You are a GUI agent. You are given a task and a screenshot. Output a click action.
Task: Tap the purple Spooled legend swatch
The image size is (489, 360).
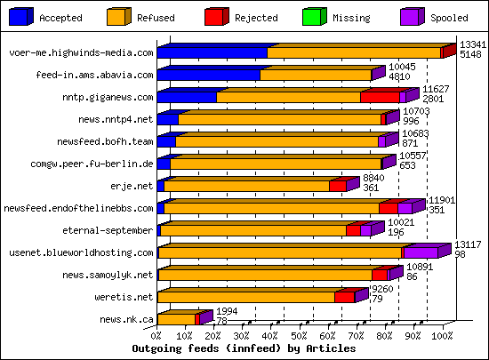[411, 16]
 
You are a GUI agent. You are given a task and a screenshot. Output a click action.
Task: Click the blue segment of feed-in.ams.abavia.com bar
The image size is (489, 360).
[208, 76]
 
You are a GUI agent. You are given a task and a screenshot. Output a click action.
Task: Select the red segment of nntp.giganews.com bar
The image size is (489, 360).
[380, 97]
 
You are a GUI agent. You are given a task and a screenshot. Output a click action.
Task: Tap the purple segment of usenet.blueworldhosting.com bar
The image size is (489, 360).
[421, 252]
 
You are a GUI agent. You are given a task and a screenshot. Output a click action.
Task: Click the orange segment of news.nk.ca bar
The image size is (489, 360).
[176, 319]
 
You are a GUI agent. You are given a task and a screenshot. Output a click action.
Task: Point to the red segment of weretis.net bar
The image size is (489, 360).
[344, 297]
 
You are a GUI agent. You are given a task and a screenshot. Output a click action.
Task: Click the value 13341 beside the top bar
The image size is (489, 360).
[471, 44]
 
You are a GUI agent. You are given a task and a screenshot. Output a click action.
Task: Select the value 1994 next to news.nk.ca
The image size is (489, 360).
[228, 311]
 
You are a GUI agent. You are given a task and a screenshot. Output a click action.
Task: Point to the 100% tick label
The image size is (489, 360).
[442, 336]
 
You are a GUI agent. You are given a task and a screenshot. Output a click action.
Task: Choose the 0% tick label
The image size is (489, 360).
[157, 336]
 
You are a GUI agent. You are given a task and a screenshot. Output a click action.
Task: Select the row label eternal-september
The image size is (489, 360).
[111, 230]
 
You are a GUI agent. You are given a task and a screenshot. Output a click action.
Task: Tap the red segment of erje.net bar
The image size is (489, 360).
[337, 186]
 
